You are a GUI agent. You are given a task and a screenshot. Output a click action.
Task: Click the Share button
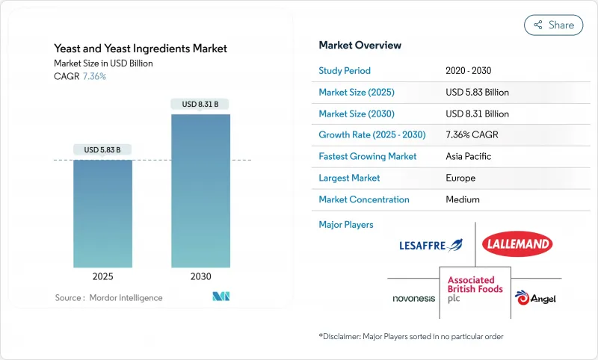[x=554, y=25]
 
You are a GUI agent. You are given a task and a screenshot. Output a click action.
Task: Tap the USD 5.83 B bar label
[x=103, y=150]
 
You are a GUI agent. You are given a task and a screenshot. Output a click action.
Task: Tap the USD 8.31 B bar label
[x=200, y=104]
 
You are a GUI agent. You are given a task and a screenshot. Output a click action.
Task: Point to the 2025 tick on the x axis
[x=103, y=276]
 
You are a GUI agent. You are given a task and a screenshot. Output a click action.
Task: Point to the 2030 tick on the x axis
[x=200, y=276]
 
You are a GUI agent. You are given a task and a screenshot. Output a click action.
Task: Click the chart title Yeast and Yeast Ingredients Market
[x=141, y=49]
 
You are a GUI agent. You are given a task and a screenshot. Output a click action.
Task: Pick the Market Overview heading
[x=360, y=46]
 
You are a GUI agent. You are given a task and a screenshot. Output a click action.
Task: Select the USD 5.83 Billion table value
[x=477, y=93]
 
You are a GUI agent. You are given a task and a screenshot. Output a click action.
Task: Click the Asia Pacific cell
[x=468, y=157]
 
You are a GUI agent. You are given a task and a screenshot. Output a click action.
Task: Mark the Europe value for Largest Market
[x=461, y=179]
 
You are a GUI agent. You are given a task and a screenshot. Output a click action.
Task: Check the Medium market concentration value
[x=463, y=199]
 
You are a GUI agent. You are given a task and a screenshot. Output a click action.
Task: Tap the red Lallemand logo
[x=517, y=243]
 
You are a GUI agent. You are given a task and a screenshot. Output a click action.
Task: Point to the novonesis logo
[x=414, y=298]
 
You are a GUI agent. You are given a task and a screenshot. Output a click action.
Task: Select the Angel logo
[x=532, y=297]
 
